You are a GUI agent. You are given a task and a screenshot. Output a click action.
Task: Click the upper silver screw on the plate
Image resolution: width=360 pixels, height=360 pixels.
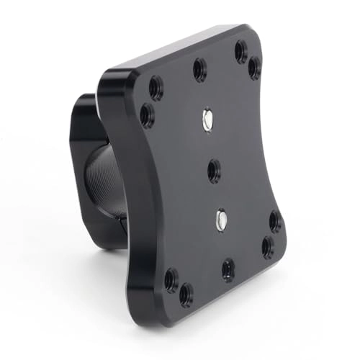click(208, 120)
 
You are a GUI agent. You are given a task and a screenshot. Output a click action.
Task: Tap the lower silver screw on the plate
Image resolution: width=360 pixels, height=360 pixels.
click(221, 217)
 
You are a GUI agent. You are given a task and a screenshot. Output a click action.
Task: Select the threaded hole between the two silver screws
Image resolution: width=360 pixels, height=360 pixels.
click(214, 171)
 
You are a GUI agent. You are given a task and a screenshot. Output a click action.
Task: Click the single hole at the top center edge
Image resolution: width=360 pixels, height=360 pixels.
click(200, 69)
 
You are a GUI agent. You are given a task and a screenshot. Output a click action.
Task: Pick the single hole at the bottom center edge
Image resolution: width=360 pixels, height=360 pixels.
click(228, 269)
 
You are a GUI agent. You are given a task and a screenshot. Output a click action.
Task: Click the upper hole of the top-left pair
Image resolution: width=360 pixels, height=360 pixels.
click(156, 88)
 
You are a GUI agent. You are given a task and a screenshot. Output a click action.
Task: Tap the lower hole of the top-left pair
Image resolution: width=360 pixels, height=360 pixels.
click(148, 115)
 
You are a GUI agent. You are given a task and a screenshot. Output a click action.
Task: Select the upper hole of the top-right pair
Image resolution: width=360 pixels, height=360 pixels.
click(241, 51)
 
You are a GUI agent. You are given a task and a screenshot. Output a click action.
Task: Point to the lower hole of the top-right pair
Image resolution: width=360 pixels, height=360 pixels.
click(255, 68)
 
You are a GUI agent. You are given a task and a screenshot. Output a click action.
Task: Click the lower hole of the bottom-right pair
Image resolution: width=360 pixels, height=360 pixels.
click(268, 248)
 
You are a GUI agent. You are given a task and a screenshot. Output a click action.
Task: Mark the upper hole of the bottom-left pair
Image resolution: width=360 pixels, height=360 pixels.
click(171, 279)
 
